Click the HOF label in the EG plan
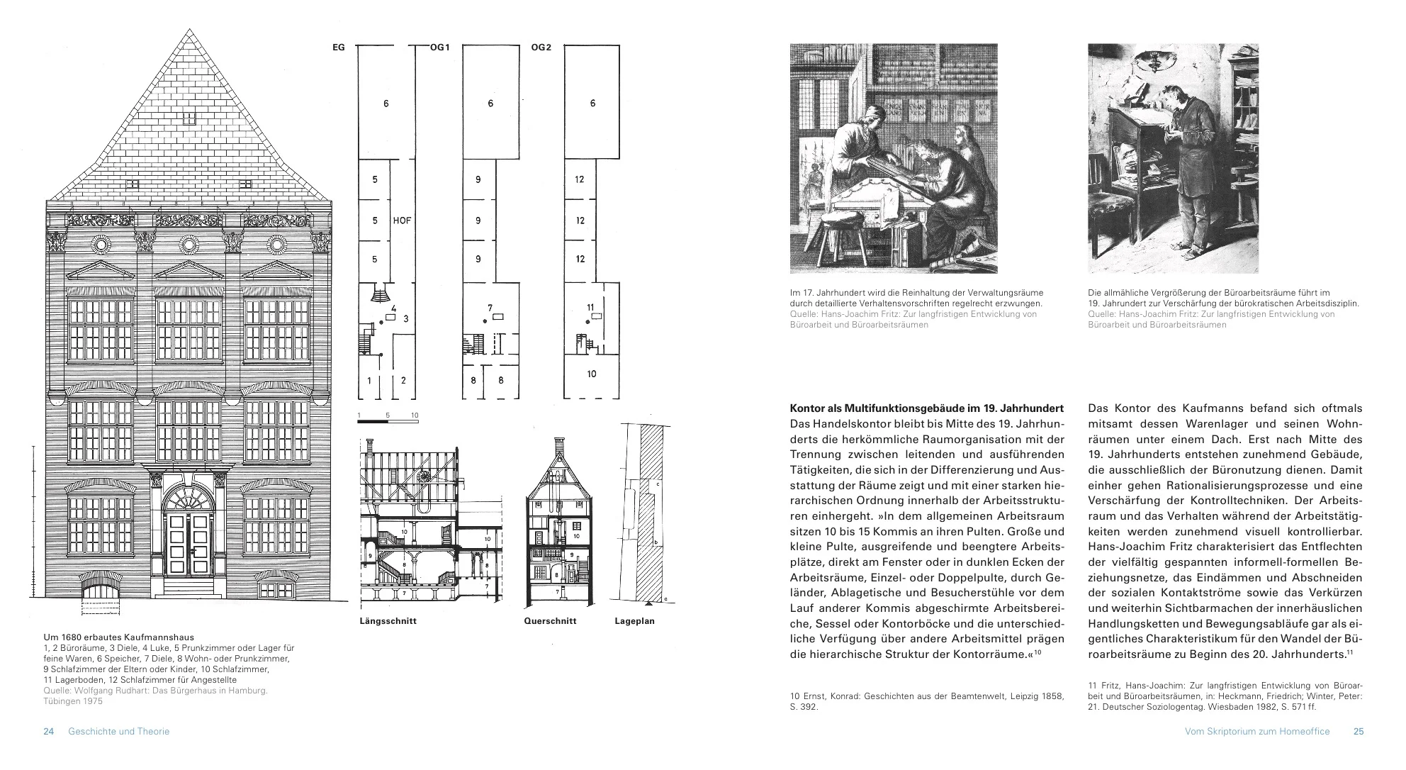tap(402, 221)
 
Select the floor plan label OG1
tap(439, 48)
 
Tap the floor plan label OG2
tap(541, 48)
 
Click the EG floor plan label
tap(338, 48)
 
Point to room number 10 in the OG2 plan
tap(592, 374)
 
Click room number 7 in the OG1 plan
tap(490, 308)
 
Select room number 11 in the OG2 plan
tap(590, 307)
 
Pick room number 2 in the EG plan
tap(403, 381)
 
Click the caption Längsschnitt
tap(388, 621)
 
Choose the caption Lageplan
tap(634, 621)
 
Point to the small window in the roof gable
tap(189, 117)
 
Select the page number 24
tap(49, 731)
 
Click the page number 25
tap(1358, 731)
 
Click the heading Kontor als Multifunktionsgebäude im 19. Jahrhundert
tap(926, 408)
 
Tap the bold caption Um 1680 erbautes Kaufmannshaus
tap(118, 637)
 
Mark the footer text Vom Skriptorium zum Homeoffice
tap(1256, 731)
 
